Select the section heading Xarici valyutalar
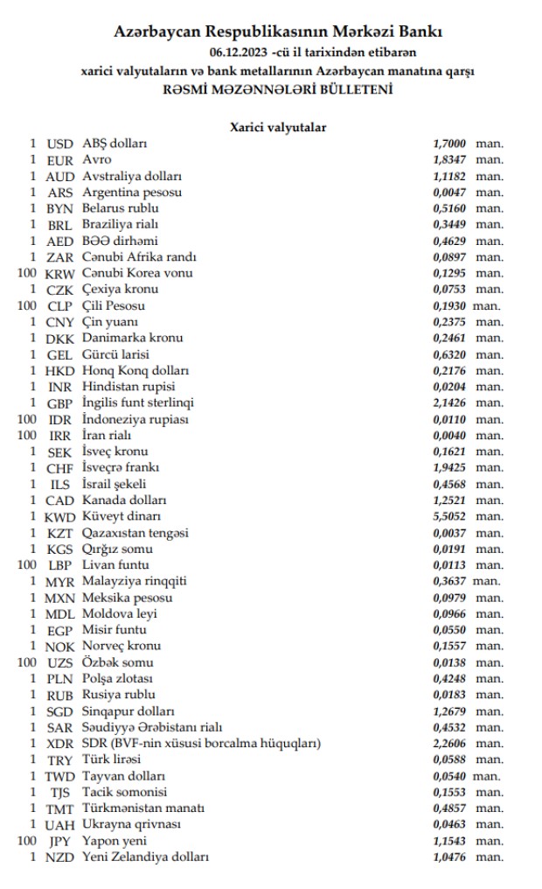278,127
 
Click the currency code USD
59,143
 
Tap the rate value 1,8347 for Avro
449,160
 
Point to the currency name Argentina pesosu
132,192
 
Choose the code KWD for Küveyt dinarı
59,516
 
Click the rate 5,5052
449,516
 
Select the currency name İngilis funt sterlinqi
138,403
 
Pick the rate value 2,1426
449,403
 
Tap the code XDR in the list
59,744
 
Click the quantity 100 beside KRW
26,273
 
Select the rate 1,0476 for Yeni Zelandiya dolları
449,857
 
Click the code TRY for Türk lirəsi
59,759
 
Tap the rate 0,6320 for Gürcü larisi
449,354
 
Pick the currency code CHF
59,468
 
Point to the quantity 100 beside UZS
26,662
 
